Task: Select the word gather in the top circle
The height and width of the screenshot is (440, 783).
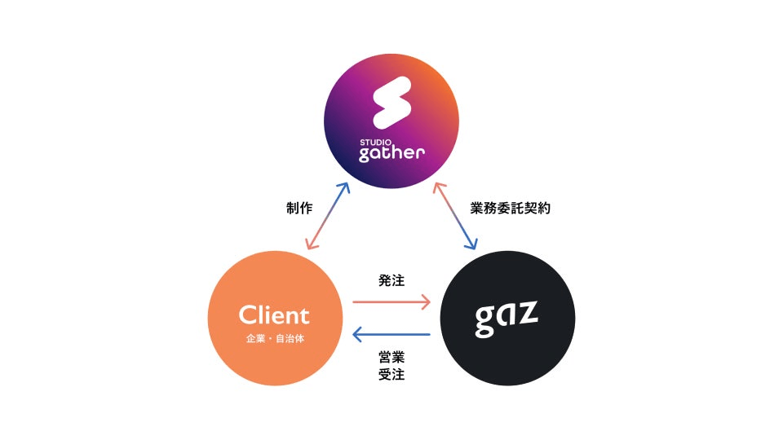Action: (392, 154)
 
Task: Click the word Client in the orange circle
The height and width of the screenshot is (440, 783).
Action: (274, 315)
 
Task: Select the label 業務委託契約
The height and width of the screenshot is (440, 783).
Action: (511, 209)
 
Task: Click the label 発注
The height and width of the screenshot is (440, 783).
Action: (391, 279)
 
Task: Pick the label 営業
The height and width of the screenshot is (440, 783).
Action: (391, 356)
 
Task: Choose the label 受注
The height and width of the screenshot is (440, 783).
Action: (391, 376)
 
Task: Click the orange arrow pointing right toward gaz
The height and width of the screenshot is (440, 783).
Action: (391, 302)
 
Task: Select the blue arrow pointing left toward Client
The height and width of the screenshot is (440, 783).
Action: (391, 335)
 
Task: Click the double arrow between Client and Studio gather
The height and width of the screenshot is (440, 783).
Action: (326, 216)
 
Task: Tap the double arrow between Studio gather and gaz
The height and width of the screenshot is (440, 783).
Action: (456, 216)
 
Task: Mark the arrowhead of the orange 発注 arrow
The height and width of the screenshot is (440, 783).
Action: (426, 302)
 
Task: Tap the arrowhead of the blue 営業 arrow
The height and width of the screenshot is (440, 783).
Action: (356, 335)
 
